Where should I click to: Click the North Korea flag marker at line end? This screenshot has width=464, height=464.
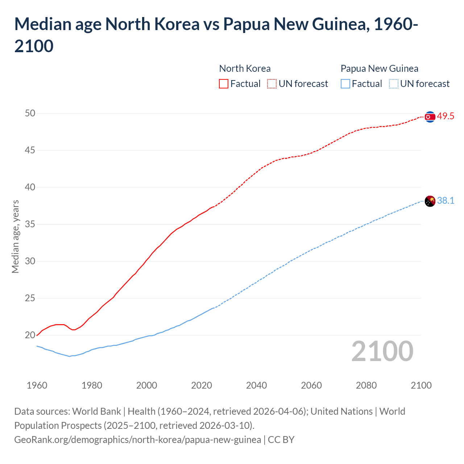coord(430,117)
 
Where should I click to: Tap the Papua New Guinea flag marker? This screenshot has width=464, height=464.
coord(430,201)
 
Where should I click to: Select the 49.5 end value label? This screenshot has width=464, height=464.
coord(446,116)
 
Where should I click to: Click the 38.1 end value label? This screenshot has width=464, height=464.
coord(446,201)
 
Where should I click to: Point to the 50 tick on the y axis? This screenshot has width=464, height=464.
coord(30,113)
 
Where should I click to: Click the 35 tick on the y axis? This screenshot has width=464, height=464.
coord(30,224)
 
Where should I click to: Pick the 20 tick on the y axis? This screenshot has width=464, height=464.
coord(30,335)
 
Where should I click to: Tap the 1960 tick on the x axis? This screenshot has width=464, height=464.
coord(37,385)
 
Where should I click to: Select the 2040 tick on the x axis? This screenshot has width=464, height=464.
coord(256,385)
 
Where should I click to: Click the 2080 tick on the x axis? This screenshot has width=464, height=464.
coord(366,385)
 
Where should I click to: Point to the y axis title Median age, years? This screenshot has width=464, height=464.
coord(15,236)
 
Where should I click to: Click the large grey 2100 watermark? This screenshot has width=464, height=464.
coord(382,351)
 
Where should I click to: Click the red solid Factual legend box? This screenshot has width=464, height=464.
coord(224,84)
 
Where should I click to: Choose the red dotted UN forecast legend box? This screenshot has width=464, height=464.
coord(272,84)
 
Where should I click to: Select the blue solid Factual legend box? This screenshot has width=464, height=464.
coord(345,84)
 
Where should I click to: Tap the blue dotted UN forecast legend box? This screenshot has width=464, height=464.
coord(394,84)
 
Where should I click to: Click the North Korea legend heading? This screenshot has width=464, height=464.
coord(245,69)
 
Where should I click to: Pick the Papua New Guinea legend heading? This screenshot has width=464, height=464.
coord(379,69)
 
